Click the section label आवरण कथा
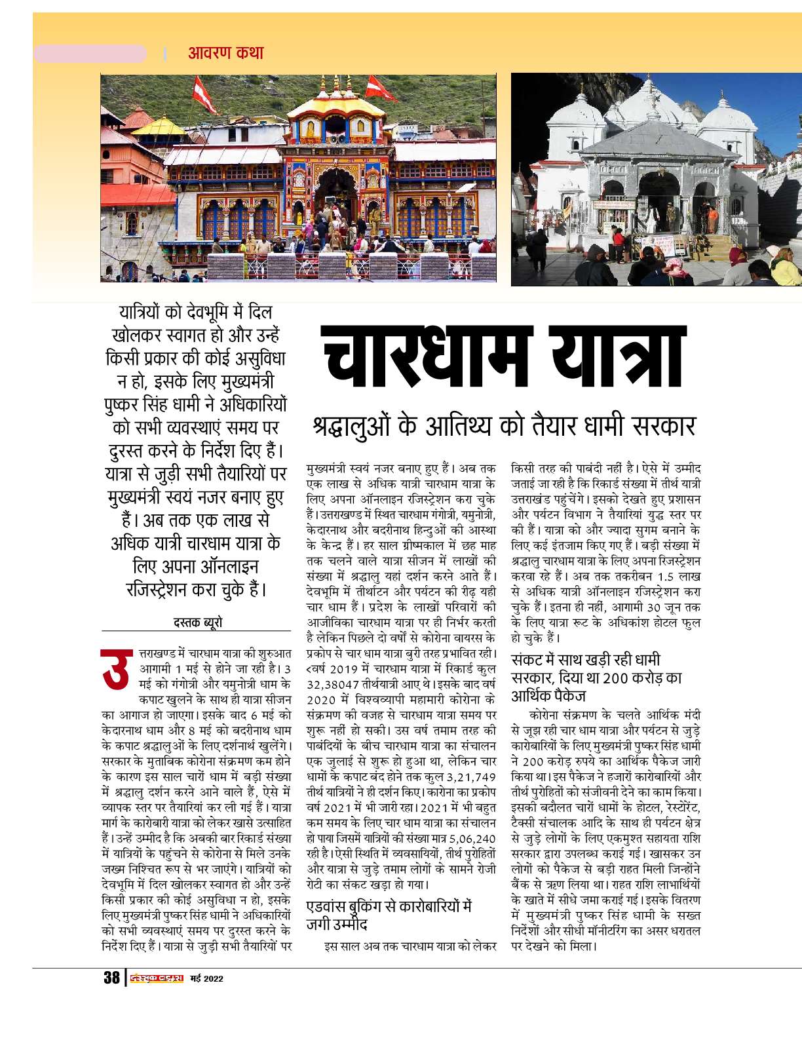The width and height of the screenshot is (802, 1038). pos(225,53)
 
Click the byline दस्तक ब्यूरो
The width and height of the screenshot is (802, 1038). pos(197,622)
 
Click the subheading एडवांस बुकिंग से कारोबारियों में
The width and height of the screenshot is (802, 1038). pos(389,908)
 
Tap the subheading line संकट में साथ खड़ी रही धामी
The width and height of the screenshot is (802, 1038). pos(586,660)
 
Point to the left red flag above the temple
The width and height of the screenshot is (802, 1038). pos(205,96)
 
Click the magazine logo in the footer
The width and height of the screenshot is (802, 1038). pos(156,979)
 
